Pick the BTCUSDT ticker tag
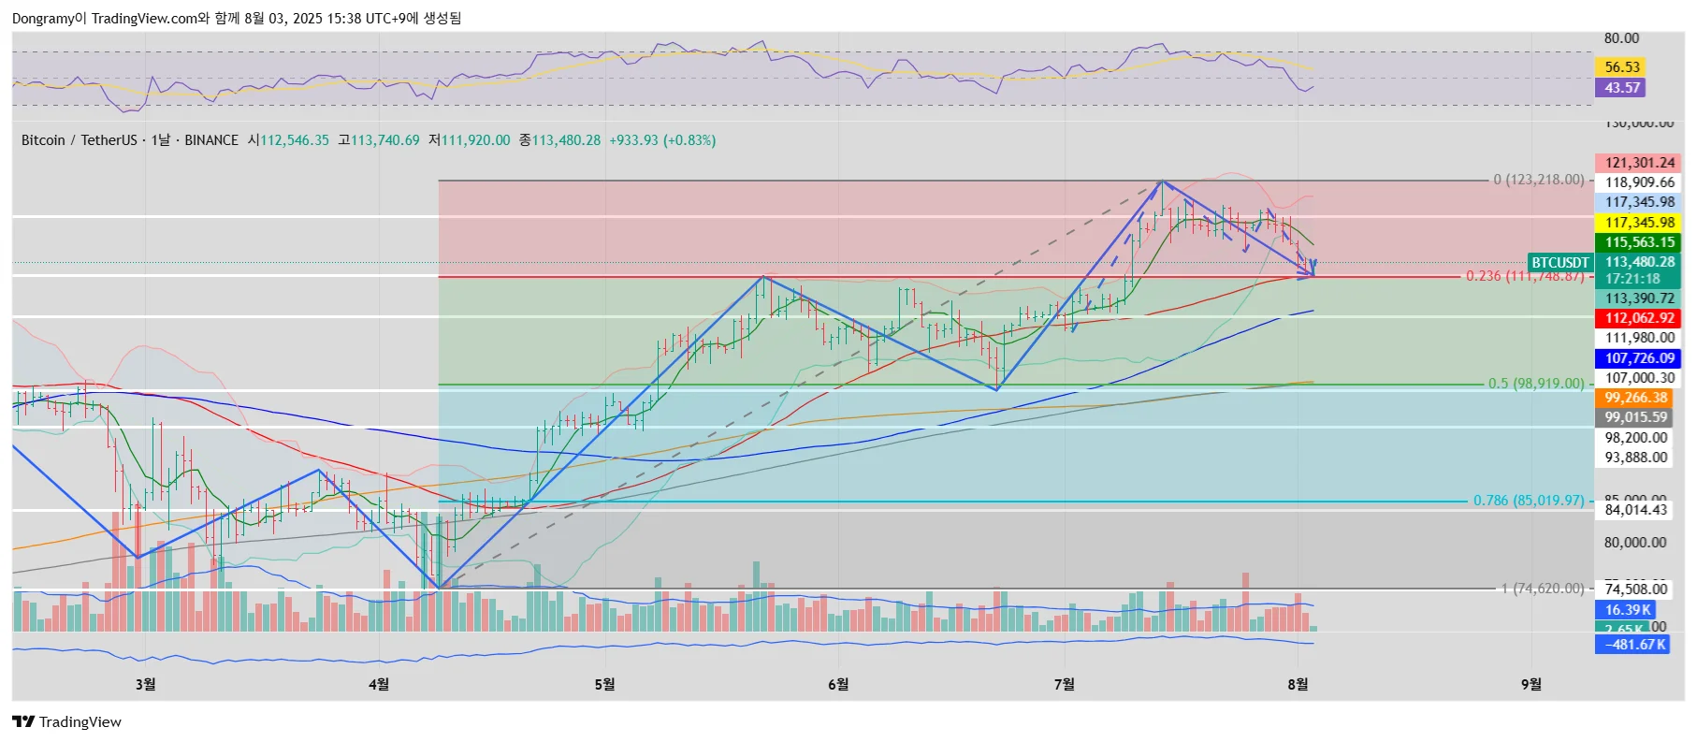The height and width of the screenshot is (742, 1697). coord(1559,263)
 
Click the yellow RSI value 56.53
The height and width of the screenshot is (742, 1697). coord(1622,67)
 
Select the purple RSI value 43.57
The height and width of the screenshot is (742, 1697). coord(1622,88)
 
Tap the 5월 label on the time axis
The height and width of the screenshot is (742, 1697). coord(604,685)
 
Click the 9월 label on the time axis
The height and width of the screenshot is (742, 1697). coord(1530,685)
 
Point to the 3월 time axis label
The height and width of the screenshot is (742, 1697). coord(145,685)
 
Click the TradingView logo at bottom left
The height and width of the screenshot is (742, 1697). coord(66,722)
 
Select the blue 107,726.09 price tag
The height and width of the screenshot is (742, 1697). coord(1639,358)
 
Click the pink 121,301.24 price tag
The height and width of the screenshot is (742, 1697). coord(1639,163)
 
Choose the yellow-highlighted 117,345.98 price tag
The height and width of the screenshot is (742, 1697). coord(1639,223)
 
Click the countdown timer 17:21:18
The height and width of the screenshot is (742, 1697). coord(1632,279)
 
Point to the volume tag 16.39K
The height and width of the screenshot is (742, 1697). coord(1628,610)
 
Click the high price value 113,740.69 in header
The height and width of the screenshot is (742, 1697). coord(384,140)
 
